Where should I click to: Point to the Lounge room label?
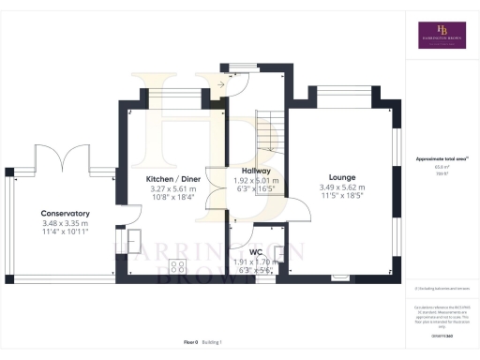point(341,176)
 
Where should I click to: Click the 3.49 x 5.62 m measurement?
point(341,187)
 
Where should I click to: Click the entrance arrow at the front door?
point(221,84)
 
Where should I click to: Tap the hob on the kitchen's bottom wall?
point(177,264)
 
